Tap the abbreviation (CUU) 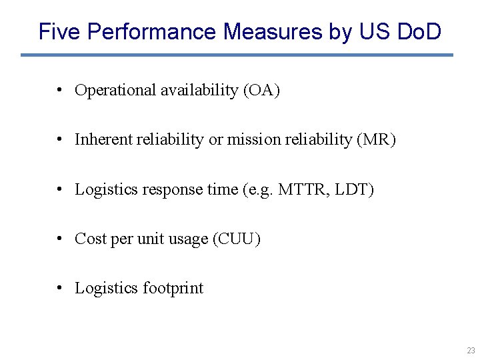pos(236,239)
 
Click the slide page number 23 pos(471,350)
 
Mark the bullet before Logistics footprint pos(60,288)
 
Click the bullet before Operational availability pos(60,90)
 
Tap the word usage pos(187,239)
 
